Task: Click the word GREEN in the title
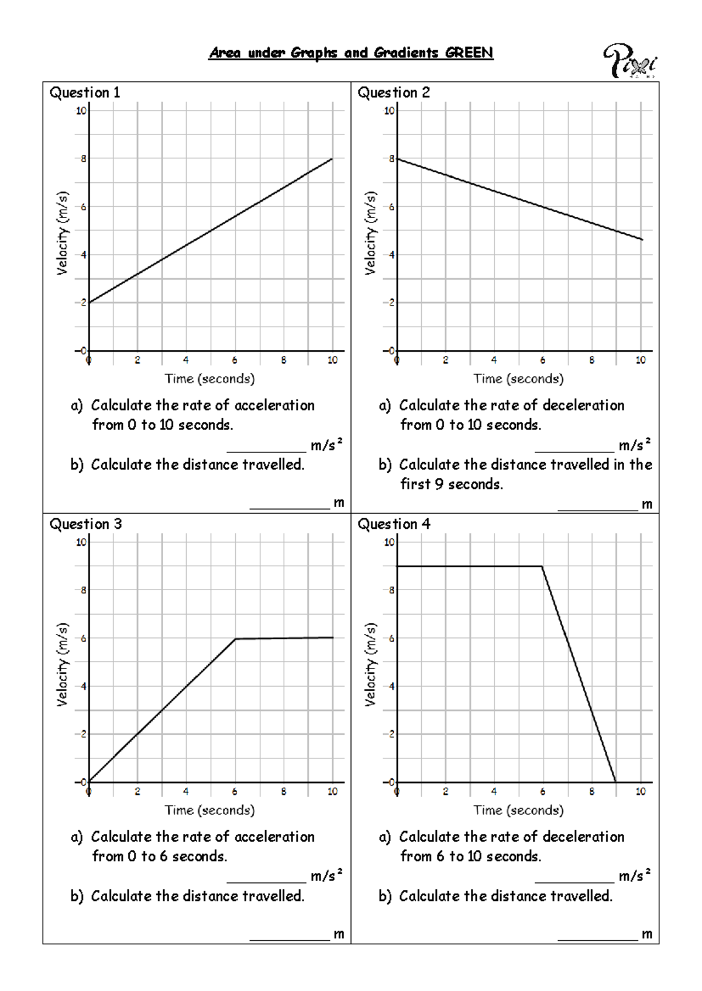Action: [x=469, y=53]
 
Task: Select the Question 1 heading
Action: [x=85, y=92]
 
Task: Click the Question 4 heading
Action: [x=394, y=524]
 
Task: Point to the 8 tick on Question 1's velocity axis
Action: [x=84, y=158]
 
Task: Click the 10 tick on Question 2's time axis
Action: [x=641, y=360]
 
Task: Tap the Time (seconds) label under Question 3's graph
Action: [x=209, y=810]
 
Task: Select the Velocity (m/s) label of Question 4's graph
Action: [x=370, y=664]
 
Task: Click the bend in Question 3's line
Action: [x=235, y=639]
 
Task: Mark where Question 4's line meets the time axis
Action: [x=616, y=782]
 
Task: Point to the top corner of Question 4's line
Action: [x=542, y=566]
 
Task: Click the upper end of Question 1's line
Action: [x=332, y=159]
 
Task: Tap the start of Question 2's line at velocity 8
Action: [x=397, y=159]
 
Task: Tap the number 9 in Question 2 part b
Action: [x=439, y=484]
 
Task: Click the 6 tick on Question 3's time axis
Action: [x=235, y=792]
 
